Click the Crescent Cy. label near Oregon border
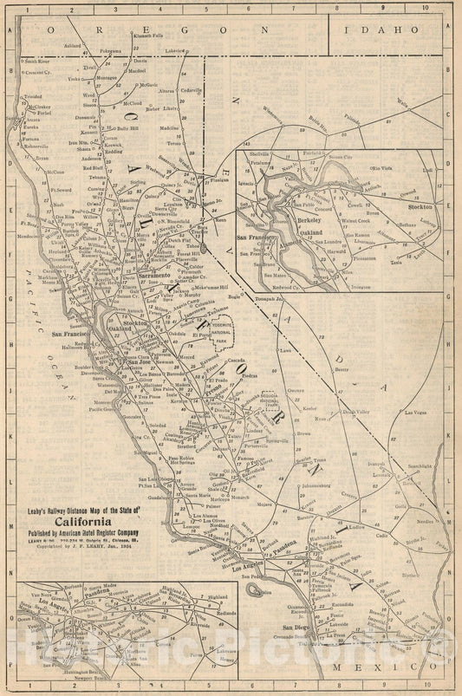pyautogui.click(x=39, y=73)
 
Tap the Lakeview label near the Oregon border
pyautogui.click(x=175, y=51)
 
